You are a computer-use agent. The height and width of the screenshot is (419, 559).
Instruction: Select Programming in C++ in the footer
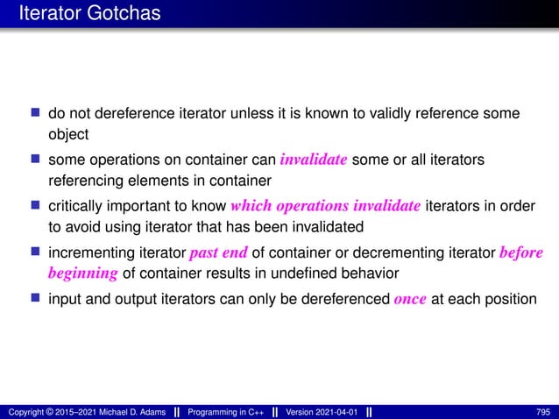230,411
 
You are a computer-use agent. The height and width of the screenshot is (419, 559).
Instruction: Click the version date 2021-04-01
334,411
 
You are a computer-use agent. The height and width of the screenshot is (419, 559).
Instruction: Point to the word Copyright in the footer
24,411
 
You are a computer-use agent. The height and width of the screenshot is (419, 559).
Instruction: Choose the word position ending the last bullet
511,299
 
